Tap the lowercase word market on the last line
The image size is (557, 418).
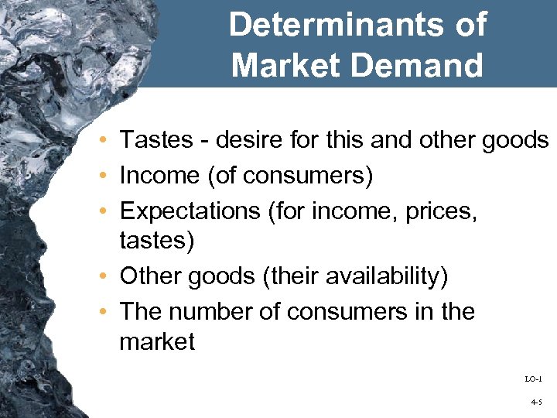(157, 341)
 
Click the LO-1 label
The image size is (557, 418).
(533, 379)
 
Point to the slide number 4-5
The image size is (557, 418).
(536, 403)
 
